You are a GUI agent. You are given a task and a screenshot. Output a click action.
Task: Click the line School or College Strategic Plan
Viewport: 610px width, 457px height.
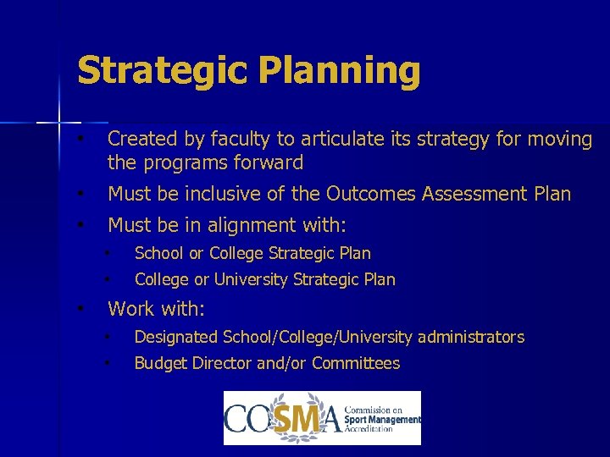pyautogui.click(x=252, y=253)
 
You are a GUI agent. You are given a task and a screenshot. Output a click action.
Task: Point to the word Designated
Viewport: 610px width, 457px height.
pyautogui.click(x=176, y=338)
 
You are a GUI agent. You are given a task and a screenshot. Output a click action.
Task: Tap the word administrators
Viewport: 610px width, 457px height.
pyautogui.click(x=471, y=338)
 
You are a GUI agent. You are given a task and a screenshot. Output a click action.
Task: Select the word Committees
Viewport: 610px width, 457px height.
pyautogui.click(x=356, y=364)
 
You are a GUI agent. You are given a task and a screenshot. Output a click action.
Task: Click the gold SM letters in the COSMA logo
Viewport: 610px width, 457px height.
pyautogui.click(x=300, y=419)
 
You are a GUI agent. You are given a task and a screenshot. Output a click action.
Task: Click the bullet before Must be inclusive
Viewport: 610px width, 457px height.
pyautogui.click(x=79, y=194)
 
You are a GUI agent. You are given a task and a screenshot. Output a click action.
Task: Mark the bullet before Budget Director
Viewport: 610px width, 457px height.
pyautogui.click(x=108, y=364)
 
